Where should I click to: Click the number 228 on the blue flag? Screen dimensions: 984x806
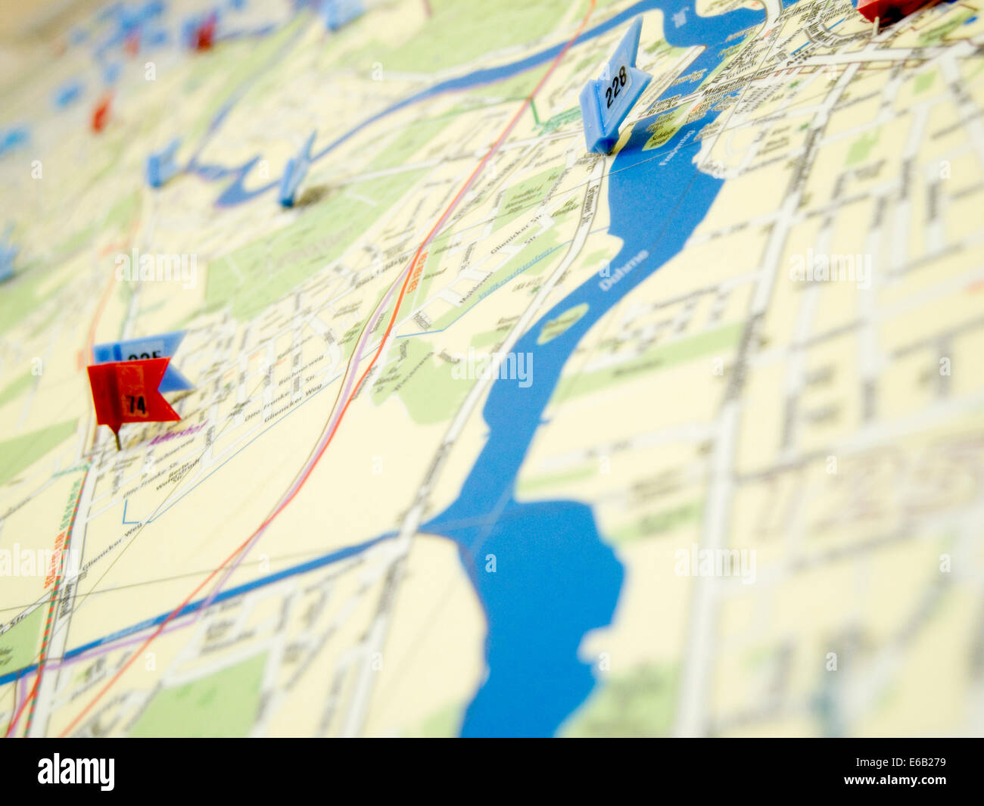tap(616, 86)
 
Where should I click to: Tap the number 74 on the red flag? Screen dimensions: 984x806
tap(137, 404)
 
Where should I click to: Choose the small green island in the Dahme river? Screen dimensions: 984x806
tap(562, 323)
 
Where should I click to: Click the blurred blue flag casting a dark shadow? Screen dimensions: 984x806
tap(297, 174)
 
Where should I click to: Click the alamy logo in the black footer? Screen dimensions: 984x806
tap(76, 771)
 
